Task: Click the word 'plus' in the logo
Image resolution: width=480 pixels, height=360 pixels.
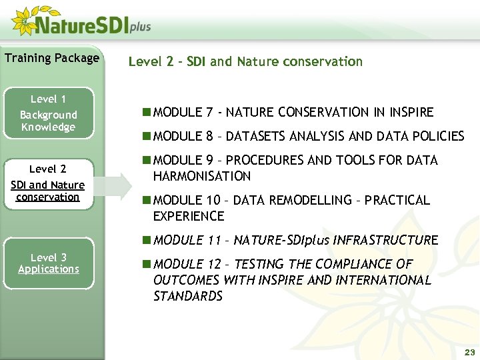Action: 139,27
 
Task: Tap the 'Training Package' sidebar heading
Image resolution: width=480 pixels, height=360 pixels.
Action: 52,58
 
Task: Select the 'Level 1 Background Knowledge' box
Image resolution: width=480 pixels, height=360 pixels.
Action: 48,114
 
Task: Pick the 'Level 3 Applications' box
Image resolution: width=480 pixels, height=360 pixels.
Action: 48,264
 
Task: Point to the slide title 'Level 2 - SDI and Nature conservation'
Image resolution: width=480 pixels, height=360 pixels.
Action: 245,62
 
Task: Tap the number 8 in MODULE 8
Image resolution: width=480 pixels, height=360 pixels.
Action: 209,137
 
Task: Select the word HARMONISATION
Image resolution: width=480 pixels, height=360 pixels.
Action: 201,177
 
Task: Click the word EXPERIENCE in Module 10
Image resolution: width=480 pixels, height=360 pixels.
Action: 188,217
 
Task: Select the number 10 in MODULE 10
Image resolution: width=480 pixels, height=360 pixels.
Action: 211,201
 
